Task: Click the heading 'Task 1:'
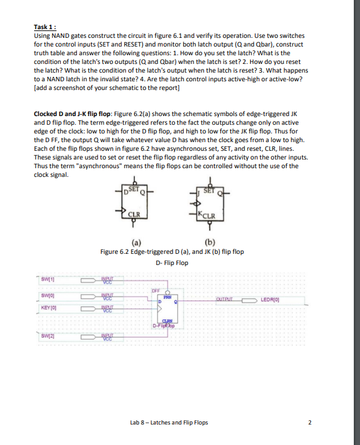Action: tap(47, 27)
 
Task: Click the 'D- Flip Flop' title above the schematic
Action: tap(173, 263)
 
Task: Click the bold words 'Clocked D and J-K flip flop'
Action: tap(73, 115)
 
